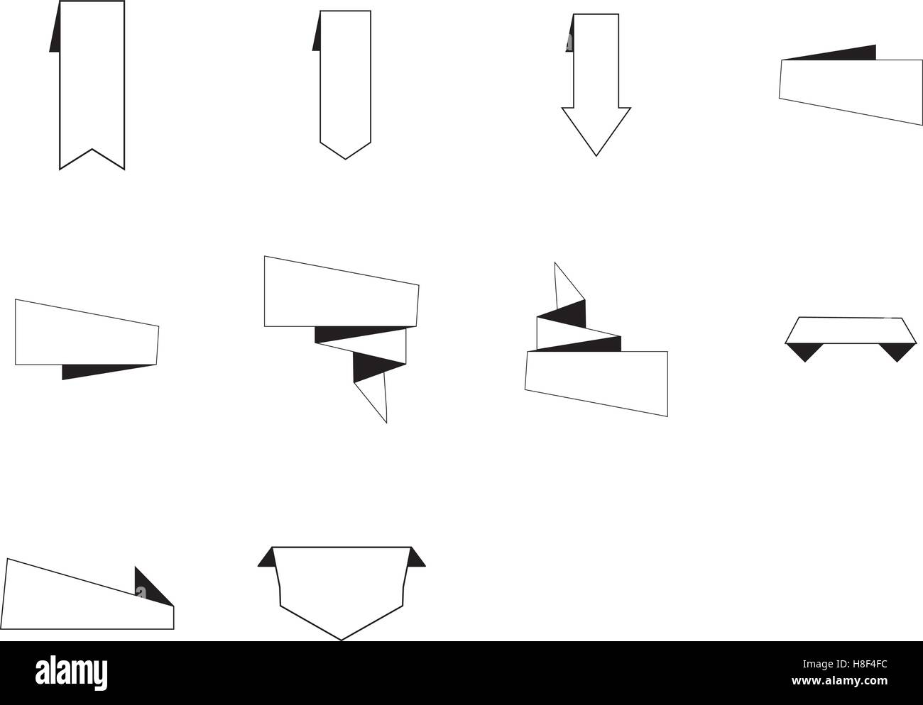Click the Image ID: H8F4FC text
click(x=845, y=664)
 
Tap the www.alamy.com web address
click(x=839, y=681)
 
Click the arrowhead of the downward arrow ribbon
click(x=596, y=131)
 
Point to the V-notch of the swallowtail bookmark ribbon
click(x=92, y=149)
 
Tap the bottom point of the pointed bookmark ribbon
click(x=345, y=159)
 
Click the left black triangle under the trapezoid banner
click(x=804, y=351)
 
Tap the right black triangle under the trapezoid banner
click(x=897, y=351)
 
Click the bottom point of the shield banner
click(x=341, y=640)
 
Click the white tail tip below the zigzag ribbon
click(x=386, y=423)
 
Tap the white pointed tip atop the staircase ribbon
click(x=555, y=263)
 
